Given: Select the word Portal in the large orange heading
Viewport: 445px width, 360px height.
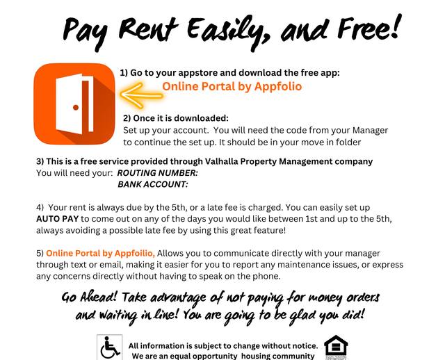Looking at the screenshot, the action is (x=218, y=87).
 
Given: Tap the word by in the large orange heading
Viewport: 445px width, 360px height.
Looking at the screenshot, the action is (x=245, y=87).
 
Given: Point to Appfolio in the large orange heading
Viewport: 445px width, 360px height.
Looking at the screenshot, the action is (x=278, y=87).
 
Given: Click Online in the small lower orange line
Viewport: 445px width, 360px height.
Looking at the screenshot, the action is (x=58, y=254).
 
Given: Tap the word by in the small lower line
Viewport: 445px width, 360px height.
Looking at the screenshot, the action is (x=108, y=254).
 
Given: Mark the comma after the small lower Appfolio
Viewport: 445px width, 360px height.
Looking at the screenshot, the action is (x=155, y=256).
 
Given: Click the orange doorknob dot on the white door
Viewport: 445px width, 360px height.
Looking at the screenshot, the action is (x=76, y=107).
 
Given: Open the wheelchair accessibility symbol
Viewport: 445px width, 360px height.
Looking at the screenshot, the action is (x=109, y=347).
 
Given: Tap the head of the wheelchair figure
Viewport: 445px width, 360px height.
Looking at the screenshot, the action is (x=107, y=338).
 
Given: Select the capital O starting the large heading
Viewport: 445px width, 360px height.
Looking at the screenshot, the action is (x=167, y=87).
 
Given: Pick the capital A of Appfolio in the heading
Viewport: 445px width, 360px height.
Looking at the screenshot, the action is (x=259, y=87).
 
